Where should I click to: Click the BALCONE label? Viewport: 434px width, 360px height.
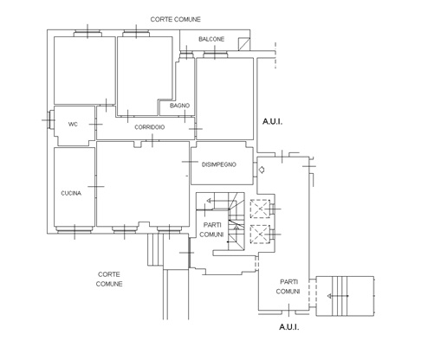pyautogui.click(x=211, y=39)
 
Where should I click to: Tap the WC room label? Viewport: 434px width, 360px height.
pyautogui.click(x=73, y=125)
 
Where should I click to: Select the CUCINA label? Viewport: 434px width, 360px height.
pyautogui.click(x=71, y=193)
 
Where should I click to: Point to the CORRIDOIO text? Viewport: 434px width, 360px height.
pyautogui.click(x=150, y=127)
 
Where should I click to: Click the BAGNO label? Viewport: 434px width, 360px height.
pyautogui.click(x=179, y=106)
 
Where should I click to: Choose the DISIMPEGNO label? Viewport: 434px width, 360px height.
pyautogui.click(x=219, y=164)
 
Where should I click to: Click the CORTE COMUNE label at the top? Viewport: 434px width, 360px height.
pyautogui.click(x=175, y=19)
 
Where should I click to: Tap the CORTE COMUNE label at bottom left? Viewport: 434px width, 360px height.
pyautogui.click(x=109, y=280)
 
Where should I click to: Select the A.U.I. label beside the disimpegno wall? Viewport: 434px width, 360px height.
pyautogui.click(x=272, y=122)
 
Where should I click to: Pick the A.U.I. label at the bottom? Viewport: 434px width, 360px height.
pyautogui.click(x=289, y=327)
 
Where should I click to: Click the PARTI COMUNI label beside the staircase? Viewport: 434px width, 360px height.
pyautogui.click(x=211, y=229)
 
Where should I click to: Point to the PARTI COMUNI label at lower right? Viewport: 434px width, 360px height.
pyautogui.click(x=288, y=286)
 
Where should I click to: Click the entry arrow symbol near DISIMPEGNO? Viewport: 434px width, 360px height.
pyautogui.click(x=261, y=170)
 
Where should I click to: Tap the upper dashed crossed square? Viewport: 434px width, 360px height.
pyautogui.click(x=260, y=209)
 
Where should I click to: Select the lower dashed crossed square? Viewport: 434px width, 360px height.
pyautogui.click(x=260, y=234)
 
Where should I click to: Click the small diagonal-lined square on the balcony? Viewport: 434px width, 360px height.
pyautogui.click(x=244, y=44)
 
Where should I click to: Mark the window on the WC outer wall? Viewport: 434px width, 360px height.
pyautogui.click(x=51, y=119)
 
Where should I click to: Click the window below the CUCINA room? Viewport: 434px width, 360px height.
pyautogui.click(x=74, y=229)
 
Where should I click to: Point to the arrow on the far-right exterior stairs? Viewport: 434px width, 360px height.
pyautogui.click(x=338, y=296)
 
